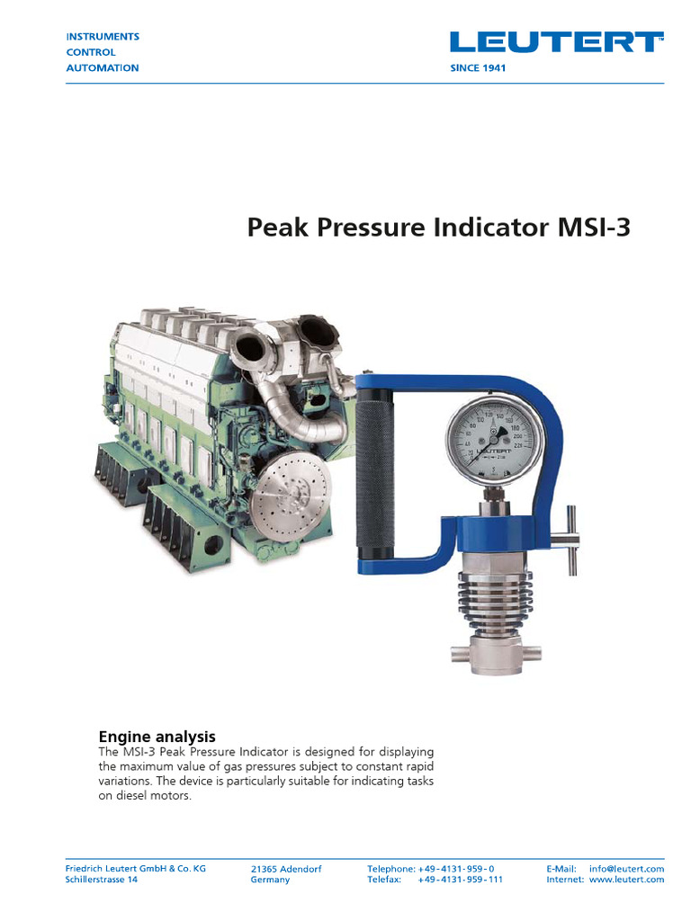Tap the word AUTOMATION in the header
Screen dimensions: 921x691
pyautogui.click(x=103, y=68)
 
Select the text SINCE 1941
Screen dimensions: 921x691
pyautogui.click(x=477, y=68)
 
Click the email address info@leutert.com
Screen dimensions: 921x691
pyautogui.click(x=627, y=869)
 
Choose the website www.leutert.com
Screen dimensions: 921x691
pyautogui.click(x=627, y=880)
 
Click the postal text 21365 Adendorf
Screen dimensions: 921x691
pyautogui.click(x=286, y=869)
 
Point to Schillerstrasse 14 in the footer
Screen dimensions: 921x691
pyautogui.click(x=102, y=880)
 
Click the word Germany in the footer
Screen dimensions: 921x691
pyautogui.click(x=270, y=880)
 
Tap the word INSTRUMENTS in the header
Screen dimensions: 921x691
pyautogui.click(x=103, y=37)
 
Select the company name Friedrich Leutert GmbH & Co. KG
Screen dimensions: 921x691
pyautogui.click(x=136, y=869)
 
